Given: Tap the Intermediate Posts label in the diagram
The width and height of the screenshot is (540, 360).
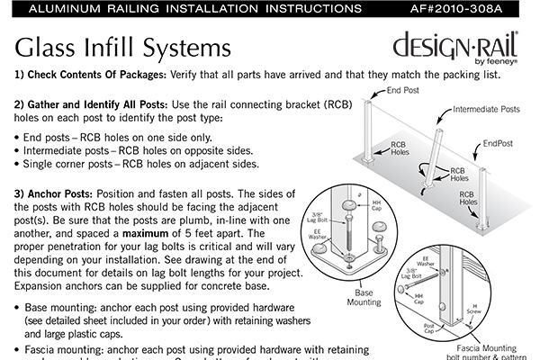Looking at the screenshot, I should [487, 110].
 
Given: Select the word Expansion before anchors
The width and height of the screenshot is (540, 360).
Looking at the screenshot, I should [46, 286].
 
